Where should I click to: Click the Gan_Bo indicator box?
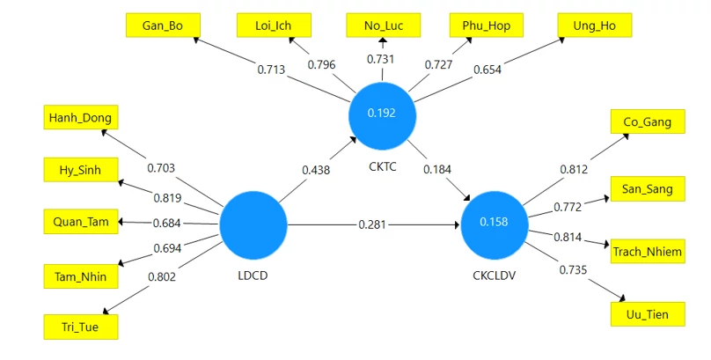coord(163,26)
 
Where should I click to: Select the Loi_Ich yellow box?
coord(274,26)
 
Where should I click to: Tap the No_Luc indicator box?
coord(383,26)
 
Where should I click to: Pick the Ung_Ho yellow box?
coord(595,26)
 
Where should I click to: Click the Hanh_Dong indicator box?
coord(81,117)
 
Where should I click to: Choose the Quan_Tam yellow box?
coord(81,222)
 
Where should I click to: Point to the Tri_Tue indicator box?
coord(81,327)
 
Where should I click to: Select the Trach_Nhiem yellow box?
coord(648,251)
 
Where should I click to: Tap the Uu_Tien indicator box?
coord(648,314)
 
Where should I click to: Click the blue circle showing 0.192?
coord(382,116)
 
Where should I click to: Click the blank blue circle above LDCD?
coord(253,225)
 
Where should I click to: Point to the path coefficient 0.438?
coord(316,171)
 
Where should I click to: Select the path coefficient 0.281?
coord(372,224)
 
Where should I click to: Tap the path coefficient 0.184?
coord(437,170)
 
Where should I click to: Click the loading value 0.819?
coord(167,198)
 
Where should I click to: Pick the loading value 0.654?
coord(487,70)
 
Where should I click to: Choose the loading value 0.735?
coord(573,270)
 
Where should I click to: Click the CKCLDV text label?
coord(495,276)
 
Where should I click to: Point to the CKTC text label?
coord(383,167)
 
